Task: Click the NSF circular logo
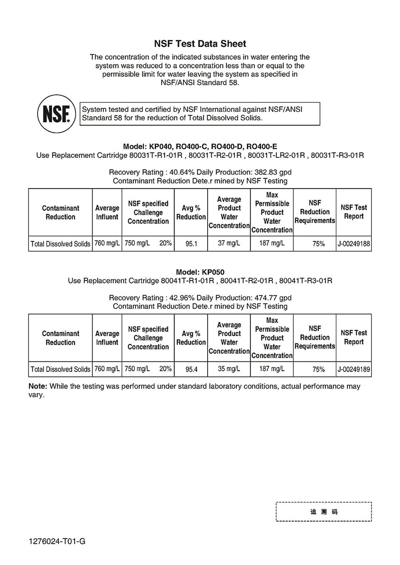coord(56,114)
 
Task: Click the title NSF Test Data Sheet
coord(200,44)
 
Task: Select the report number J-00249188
coord(354,244)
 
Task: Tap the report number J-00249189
coord(354,369)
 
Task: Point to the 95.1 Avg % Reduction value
coord(191,244)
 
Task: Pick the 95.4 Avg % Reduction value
coord(191,369)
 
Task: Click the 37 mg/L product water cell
coord(229,243)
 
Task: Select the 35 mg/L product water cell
coord(229,369)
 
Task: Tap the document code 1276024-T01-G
coord(57,541)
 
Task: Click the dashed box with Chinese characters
coord(324,512)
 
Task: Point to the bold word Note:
coord(38,386)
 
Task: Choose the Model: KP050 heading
coord(200,272)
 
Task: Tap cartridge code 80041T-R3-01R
coord(306,281)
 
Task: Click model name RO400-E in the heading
coord(262,146)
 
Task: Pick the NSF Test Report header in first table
coord(354,212)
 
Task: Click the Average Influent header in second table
coord(107,338)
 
